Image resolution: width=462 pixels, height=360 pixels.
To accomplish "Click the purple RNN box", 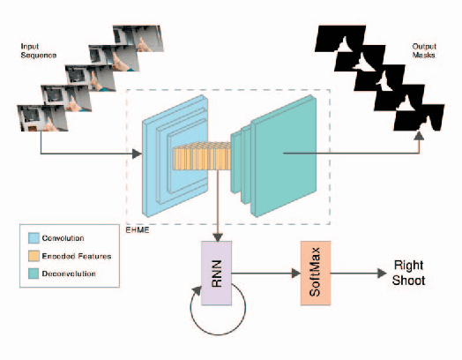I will coord(215,274).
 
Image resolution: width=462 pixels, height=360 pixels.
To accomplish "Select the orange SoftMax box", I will coord(315,274).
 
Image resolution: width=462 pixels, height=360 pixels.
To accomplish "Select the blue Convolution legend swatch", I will coord(34,239).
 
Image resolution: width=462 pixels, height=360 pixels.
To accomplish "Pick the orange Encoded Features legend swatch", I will coord(34,256).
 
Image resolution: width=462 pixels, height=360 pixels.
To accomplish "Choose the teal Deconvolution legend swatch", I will coord(34,273).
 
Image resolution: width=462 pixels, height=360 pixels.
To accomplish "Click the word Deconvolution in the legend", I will coord(71,273).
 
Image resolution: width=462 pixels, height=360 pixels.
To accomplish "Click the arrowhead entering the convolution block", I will coord(138,155).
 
